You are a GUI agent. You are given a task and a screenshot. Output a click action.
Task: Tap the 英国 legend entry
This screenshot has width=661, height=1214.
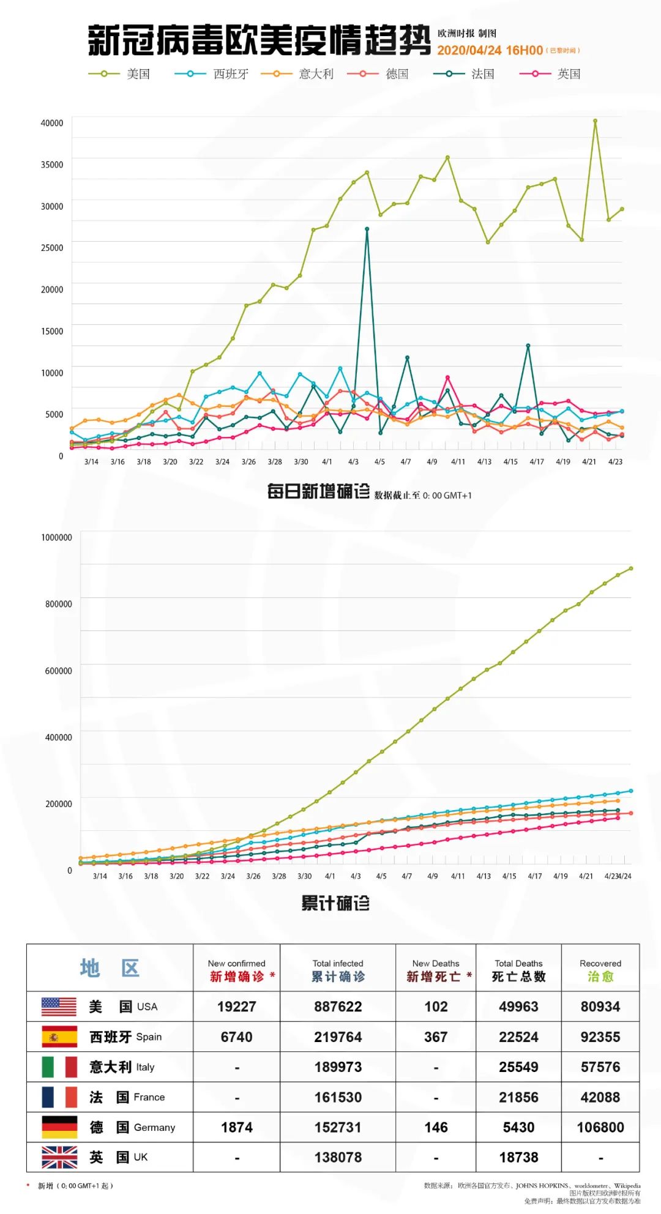[x=550, y=74]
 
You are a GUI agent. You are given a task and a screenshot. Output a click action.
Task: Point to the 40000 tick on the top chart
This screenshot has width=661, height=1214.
[x=52, y=123]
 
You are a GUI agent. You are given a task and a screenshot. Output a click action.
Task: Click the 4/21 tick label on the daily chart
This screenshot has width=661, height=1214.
[x=589, y=462]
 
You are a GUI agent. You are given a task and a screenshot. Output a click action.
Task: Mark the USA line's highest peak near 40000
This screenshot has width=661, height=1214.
[x=595, y=121]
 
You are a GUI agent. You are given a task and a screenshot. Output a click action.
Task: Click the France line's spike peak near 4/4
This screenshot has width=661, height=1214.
[x=367, y=229]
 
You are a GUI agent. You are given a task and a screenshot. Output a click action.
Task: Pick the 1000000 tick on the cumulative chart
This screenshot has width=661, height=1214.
[x=56, y=537]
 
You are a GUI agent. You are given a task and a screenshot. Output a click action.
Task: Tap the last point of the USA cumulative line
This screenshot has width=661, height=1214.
[x=631, y=568]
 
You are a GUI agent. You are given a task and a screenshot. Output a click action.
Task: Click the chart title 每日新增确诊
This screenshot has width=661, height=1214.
[x=318, y=491]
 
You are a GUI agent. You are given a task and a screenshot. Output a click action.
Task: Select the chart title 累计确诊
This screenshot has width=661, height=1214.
[x=335, y=903]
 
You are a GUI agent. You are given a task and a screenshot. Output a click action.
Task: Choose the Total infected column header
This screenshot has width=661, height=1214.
[x=338, y=970]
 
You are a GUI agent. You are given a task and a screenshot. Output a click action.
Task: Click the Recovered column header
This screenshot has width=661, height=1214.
[x=600, y=970]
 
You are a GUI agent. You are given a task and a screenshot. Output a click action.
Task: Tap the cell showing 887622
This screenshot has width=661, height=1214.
[x=338, y=1007]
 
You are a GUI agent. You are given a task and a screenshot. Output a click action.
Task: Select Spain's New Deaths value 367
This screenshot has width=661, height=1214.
[x=436, y=1037]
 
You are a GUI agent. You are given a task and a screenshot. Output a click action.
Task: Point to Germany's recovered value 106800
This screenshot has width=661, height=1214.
[x=600, y=1127]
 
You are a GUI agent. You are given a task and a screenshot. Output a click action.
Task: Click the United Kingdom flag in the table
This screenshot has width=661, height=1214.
[x=59, y=1157]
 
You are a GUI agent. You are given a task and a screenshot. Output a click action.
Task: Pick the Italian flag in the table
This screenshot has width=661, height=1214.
[x=59, y=1067]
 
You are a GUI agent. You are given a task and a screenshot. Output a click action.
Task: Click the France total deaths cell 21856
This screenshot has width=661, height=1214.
[x=518, y=1097]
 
